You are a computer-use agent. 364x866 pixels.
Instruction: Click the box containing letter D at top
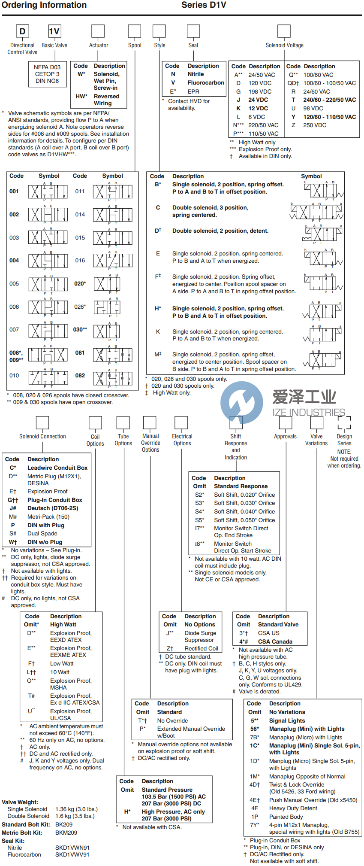[x=22, y=31]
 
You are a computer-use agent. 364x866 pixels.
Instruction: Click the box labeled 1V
[x=54, y=31]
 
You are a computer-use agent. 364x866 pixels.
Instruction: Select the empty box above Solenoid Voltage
[x=284, y=31]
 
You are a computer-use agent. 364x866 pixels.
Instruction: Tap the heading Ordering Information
[x=44, y=5]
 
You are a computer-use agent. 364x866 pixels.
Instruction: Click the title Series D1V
[x=204, y=5]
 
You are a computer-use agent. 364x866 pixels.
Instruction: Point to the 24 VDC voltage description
[x=258, y=100]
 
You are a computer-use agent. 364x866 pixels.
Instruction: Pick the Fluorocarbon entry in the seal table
[x=206, y=83]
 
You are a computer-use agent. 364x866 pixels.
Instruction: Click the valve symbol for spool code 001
[x=48, y=191]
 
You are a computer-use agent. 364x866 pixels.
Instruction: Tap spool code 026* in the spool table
[x=80, y=307]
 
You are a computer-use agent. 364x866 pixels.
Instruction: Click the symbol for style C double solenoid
[x=317, y=212]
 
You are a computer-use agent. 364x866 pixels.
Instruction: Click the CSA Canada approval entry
[x=275, y=641]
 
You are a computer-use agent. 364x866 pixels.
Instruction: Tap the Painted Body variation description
[x=286, y=817]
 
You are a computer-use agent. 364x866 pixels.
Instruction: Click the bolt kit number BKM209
[x=66, y=833]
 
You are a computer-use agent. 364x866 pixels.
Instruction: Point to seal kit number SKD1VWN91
[x=72, y=848]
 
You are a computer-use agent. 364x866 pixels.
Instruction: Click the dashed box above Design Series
[x=344, y=422]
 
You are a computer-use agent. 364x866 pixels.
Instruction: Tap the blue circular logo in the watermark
[x=242, y=402]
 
